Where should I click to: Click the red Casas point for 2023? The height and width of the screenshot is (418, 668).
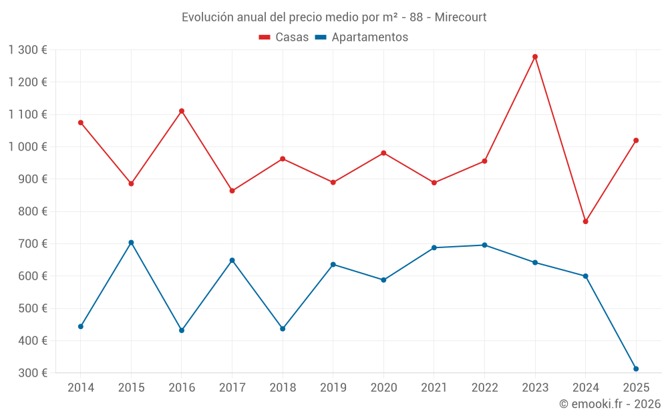click(x=535, y=57)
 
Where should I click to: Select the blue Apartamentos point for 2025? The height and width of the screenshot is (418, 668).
click(x=636, y=369)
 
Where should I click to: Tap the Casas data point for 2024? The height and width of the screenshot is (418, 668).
click(x=585, y=221)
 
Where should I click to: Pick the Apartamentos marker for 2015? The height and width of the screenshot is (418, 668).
click(x=131, y=243)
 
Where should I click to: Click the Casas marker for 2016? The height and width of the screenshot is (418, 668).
click(x=182, y=111)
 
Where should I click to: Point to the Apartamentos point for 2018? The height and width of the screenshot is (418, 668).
click(x=283, y=328)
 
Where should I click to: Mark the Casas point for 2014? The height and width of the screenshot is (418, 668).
click(x=81, y=122)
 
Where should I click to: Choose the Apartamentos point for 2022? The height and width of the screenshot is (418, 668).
click(x=484, y=245)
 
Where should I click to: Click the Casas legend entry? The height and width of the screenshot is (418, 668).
click(x=284, y=37)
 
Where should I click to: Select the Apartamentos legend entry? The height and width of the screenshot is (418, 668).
click(x=361, y=37)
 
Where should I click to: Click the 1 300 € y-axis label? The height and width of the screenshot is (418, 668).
click(x=28, y=50)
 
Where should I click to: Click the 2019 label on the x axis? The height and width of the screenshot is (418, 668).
click(x=333, y=388)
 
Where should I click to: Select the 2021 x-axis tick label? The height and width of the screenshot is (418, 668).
click(x=434, y=388)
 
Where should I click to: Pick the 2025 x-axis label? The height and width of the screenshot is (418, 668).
click(x=635, y=388)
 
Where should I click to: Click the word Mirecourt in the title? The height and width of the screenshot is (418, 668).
click(x=460, y=17)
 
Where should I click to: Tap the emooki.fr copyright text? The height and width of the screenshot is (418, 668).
click(x=609, y=404)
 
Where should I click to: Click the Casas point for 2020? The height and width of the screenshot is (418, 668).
click(x=383, y=153)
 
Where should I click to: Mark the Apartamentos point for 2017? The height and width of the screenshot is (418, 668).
click(x=232, y=260)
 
